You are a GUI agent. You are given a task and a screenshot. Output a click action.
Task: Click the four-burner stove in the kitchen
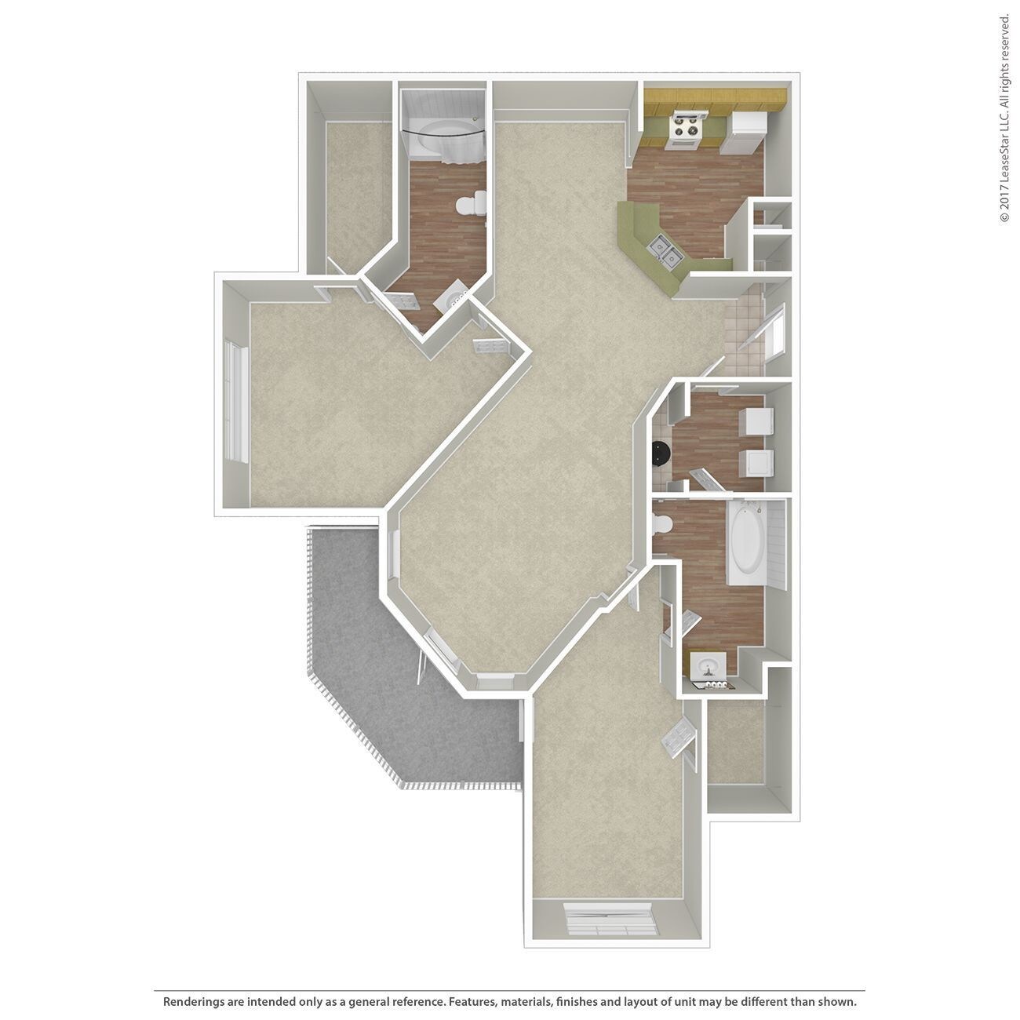tap(685, 129)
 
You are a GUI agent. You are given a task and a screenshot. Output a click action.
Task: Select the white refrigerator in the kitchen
tap(743, 132)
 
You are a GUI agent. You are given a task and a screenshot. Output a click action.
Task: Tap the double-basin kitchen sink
tap(663, 253)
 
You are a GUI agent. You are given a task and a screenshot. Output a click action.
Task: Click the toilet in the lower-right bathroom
tap(663, 524)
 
